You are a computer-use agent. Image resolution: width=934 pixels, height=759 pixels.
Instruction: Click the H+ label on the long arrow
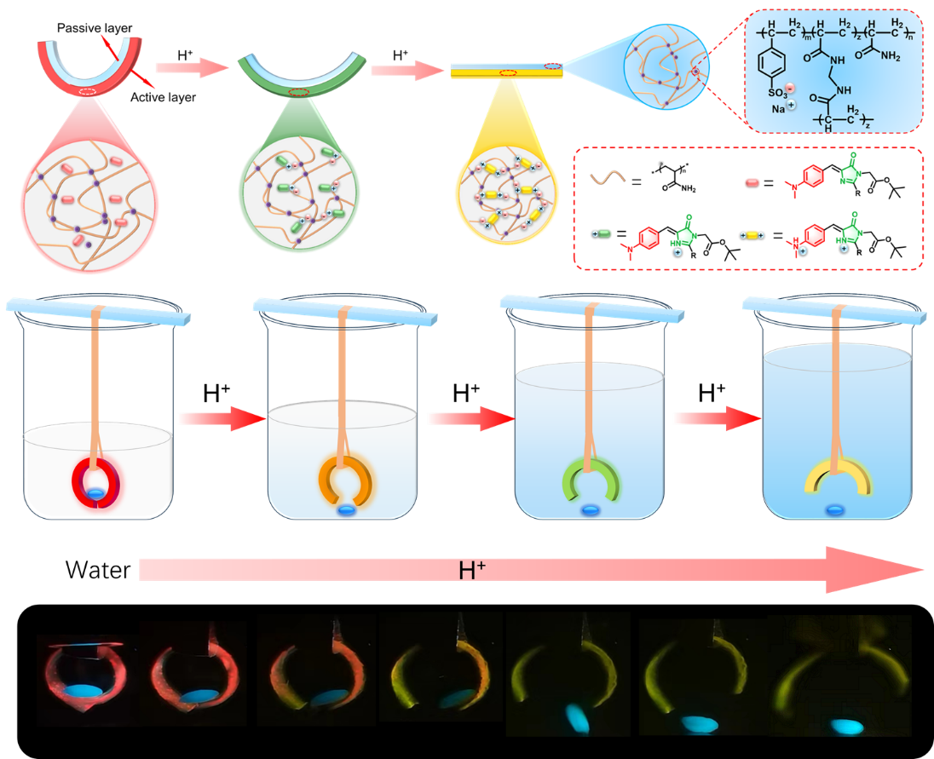click(466, 570)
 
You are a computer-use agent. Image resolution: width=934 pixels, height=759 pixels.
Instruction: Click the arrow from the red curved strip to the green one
click(192, 69)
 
